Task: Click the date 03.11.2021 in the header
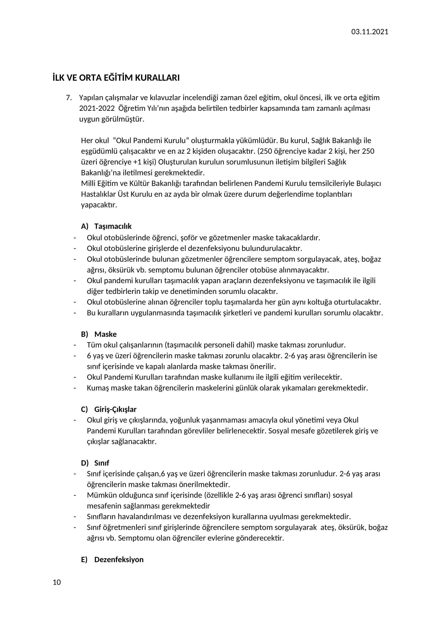click(370, 32)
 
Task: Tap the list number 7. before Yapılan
click(69, 98)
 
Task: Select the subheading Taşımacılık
click(113, 226)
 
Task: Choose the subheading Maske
click(105, 334)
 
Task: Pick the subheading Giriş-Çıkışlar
click(115, 409)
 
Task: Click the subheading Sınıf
click(102, 463)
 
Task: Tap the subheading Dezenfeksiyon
click(119, 560)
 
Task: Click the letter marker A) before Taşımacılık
click(85, 226)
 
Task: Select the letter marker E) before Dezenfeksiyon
click(85, 560)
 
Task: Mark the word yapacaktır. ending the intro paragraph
click(99, 205)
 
